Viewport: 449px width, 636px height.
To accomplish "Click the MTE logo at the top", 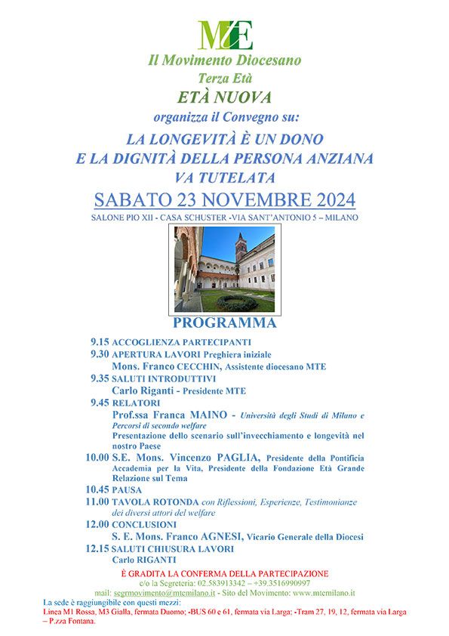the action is click(225, 34).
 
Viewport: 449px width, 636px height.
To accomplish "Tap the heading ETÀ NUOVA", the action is click(224, 97).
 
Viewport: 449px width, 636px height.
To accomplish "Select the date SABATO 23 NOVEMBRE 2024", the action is click(224, 200).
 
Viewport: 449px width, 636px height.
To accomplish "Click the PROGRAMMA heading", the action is click(224, 323).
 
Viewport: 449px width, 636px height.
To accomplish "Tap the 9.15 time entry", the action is click(100, 341).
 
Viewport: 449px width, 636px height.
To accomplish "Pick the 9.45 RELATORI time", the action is click(100, 403).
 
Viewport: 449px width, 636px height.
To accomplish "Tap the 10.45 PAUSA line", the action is click(112, 489).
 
